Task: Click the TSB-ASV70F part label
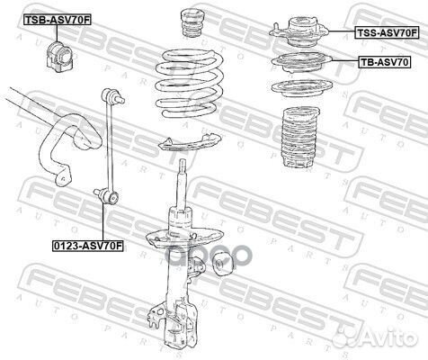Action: tap(57, 20)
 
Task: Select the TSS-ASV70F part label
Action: tap(387, 32)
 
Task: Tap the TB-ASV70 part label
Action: tap(385, 62)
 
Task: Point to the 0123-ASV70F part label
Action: tap(88, 246)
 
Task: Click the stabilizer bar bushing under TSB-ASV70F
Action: tap(59, 56)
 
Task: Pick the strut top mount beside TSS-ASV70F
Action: tap(299, 32)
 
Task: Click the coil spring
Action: tap(190, 84)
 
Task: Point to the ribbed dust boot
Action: tap(300, 137)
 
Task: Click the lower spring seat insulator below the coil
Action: tap(190, 143)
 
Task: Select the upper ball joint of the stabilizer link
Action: tap(112, 95)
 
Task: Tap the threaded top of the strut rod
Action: tap(183, 168)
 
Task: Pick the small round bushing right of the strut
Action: tap(221, 265)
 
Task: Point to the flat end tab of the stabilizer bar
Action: tap(62, 177)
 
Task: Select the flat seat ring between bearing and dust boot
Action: tap(302, 89)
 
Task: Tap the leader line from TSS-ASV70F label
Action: tap(343, 31)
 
